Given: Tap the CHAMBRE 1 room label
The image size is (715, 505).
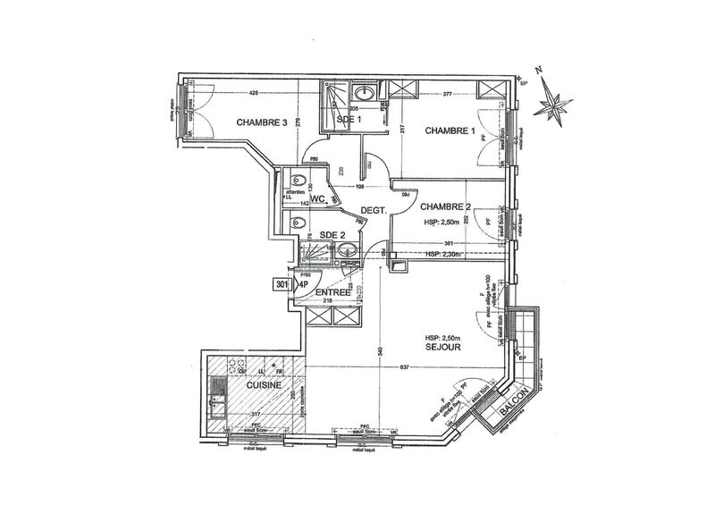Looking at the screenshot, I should coord(449,130).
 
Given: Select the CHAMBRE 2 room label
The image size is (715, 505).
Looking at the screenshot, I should coord(446,207).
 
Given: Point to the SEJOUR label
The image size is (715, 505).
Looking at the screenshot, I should coord(443,347).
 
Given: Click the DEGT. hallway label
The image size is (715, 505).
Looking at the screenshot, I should coord(372,212).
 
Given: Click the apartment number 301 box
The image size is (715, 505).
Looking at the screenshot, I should coord(283,285).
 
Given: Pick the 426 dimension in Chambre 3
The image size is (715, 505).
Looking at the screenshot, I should coord(254,93).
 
